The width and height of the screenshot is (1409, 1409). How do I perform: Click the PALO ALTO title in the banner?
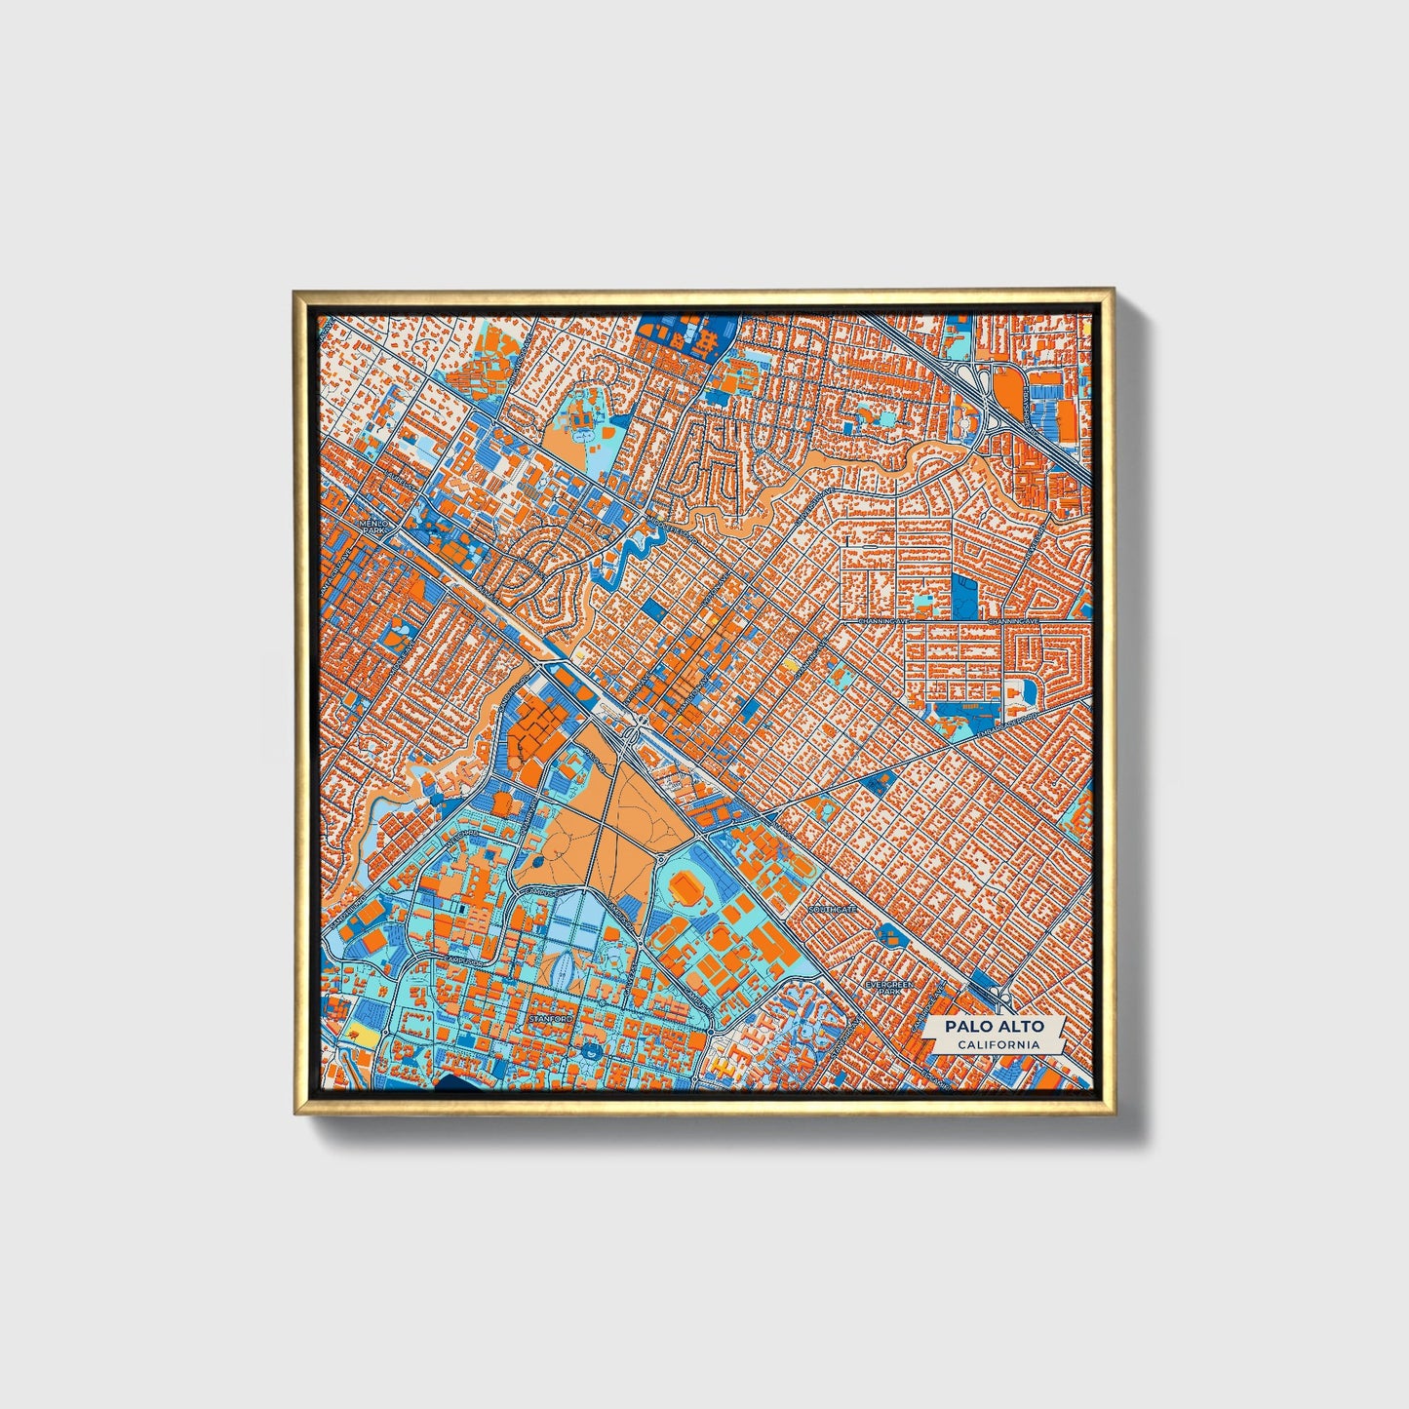[994, 1026]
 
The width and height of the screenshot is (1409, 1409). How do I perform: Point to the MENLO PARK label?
[373, 527]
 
